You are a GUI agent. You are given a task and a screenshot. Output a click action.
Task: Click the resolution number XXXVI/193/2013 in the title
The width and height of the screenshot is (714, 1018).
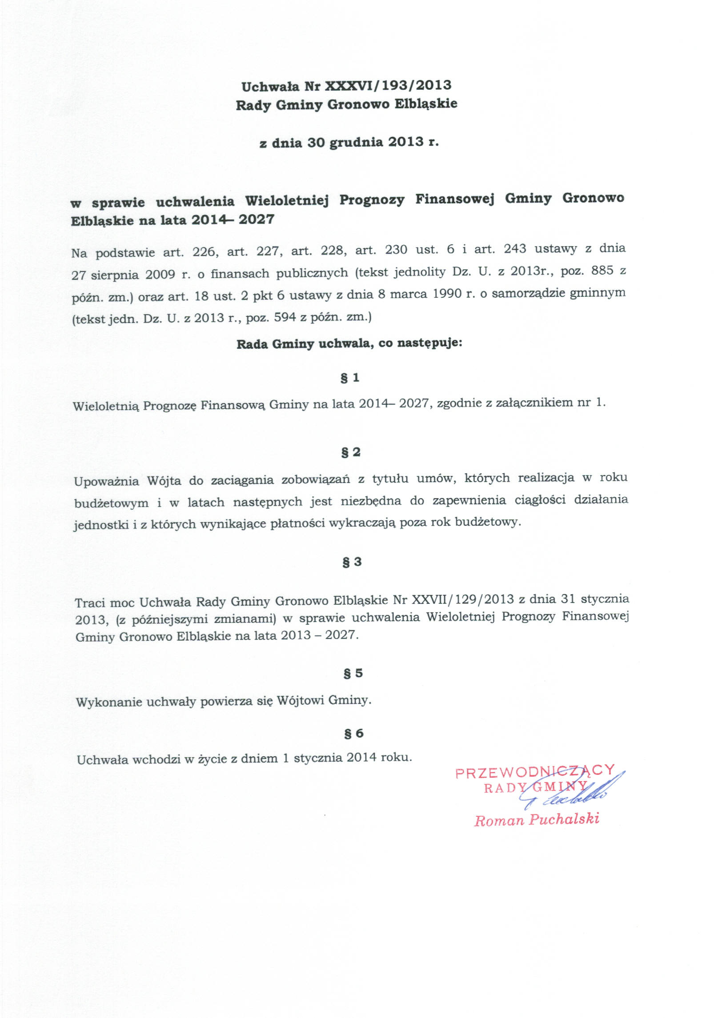[x=389, y=85]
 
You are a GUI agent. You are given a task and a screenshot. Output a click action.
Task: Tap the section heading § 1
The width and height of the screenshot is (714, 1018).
[x=350, y=378]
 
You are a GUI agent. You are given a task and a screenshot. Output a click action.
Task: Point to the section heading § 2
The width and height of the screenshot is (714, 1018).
[x=351, y=452]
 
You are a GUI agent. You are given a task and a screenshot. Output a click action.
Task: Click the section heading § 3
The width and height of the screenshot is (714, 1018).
[x=352, y=562]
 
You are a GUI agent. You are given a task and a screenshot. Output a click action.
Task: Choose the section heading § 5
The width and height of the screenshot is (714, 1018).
[x=353, y=673]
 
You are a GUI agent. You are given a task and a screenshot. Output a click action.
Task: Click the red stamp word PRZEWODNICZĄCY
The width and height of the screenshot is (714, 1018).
[x=535, y=772]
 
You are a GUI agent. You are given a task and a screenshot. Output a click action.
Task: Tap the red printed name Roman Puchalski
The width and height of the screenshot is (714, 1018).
[x=537, y=819]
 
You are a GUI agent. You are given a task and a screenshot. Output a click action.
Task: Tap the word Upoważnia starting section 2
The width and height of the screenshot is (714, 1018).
[x=106, y=481]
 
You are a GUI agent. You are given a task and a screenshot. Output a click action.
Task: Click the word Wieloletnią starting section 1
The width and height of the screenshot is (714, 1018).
[x=106, y=406]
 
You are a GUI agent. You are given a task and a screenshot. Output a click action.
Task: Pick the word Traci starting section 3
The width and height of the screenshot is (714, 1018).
[x=90, y=603]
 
